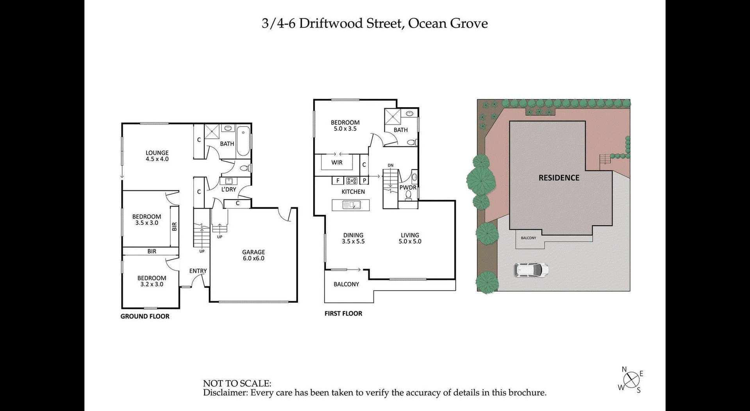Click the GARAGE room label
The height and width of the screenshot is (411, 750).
click(254, 252)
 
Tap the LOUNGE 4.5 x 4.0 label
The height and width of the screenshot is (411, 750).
click(157, 156)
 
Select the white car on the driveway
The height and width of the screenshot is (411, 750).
click(531, 269)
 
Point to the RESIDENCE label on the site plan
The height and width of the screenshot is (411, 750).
click(559, 178)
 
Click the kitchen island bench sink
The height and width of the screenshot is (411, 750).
click(350, 205)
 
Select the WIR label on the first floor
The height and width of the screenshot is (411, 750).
click(337, 162)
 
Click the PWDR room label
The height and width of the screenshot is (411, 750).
click(408, 188)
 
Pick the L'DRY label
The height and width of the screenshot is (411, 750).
click(229, 189)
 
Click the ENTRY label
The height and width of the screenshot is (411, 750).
click(198, 271)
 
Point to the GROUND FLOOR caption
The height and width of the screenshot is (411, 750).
click(145, 316)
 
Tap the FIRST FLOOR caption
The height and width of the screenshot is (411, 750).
click(343, 313)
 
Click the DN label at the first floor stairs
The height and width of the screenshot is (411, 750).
click(391, 165)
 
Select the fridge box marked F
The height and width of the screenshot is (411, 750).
click(337, 180)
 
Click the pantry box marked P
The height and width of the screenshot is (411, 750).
click(364, 180)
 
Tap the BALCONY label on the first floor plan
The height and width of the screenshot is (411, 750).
click(346, 284)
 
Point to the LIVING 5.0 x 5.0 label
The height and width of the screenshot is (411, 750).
click(410, 238)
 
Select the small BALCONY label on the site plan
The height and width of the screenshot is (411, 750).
click(529, 238)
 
